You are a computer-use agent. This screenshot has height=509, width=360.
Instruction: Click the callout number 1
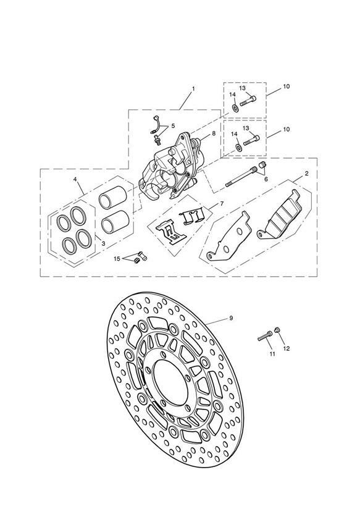(193, 88)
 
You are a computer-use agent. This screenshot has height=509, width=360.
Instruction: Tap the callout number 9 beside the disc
(231, 318)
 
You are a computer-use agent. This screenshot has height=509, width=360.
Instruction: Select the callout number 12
(286, 348)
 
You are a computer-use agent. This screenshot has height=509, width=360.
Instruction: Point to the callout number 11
(272, 354)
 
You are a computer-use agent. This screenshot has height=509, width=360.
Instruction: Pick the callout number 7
(222, 203)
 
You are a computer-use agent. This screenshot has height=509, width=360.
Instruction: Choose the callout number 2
(306, 174)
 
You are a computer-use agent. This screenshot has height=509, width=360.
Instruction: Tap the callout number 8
(214, 133)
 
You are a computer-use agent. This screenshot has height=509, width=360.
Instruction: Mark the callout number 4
(75, 179)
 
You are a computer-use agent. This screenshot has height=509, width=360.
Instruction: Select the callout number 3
(103, 243)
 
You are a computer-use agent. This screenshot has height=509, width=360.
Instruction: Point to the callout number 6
(266, 179)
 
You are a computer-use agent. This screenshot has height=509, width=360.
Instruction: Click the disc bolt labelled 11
(265, 336)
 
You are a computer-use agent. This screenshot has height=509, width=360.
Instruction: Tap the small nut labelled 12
(277, 330)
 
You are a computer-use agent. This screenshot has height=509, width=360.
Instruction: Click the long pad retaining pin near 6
(241, 177)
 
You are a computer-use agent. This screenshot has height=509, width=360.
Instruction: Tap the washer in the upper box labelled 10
(235, 108)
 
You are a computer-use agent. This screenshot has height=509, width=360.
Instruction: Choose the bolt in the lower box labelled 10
(251, 141)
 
